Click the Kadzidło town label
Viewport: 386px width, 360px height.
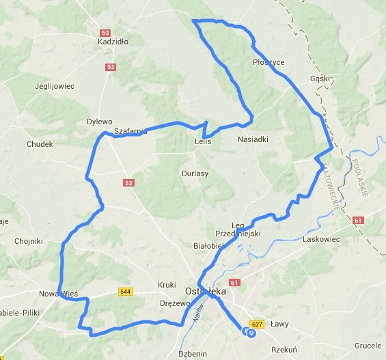(113, 42)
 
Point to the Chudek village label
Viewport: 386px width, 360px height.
(39, 144)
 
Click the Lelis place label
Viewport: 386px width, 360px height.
(202, 142)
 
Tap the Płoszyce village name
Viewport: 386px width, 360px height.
(268, 62)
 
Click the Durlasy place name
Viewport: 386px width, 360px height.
(195, 174)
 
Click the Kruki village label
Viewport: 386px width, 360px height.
(167, 284)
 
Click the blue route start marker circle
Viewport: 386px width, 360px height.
(251, 333)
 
